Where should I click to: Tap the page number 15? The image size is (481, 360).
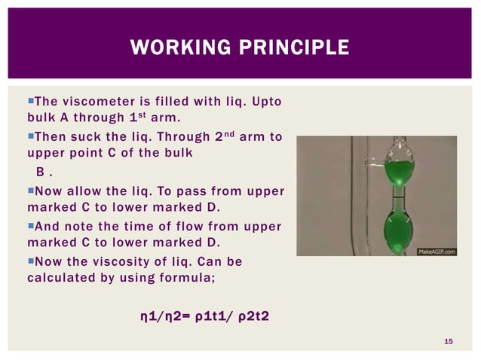(448, 343)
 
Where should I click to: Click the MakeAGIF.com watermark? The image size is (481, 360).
(436, 250)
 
